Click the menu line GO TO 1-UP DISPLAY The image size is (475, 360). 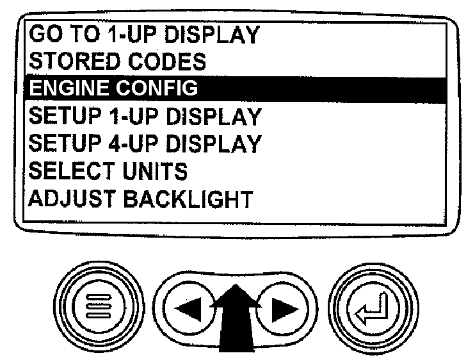145,34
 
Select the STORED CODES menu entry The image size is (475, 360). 118,61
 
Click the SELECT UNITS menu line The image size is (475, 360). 108,171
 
